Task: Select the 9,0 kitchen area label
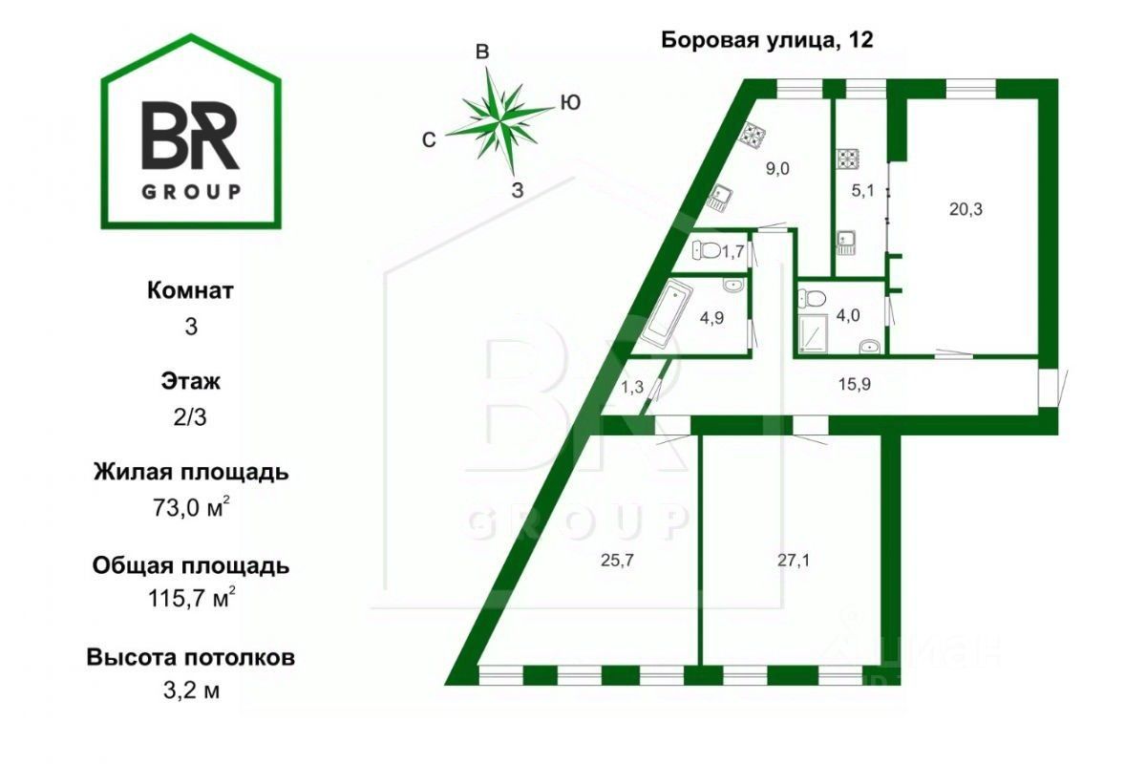coord(778,168)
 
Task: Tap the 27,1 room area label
coord(789,560)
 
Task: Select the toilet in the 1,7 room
coord(706,251)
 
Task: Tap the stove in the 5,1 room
coord(847,159)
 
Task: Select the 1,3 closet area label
coord(631,387)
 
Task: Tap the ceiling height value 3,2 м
coord(190,690)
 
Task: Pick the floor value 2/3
coord(190,417)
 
